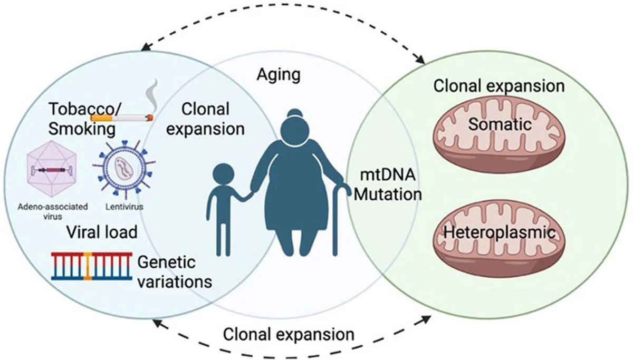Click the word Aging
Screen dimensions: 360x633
coord(279,74)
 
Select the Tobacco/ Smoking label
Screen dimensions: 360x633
coord(86,119)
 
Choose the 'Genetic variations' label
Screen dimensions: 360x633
coord(174,271)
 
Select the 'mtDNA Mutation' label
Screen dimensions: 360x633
coord(387,184)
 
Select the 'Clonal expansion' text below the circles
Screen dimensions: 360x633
coord(288,334)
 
